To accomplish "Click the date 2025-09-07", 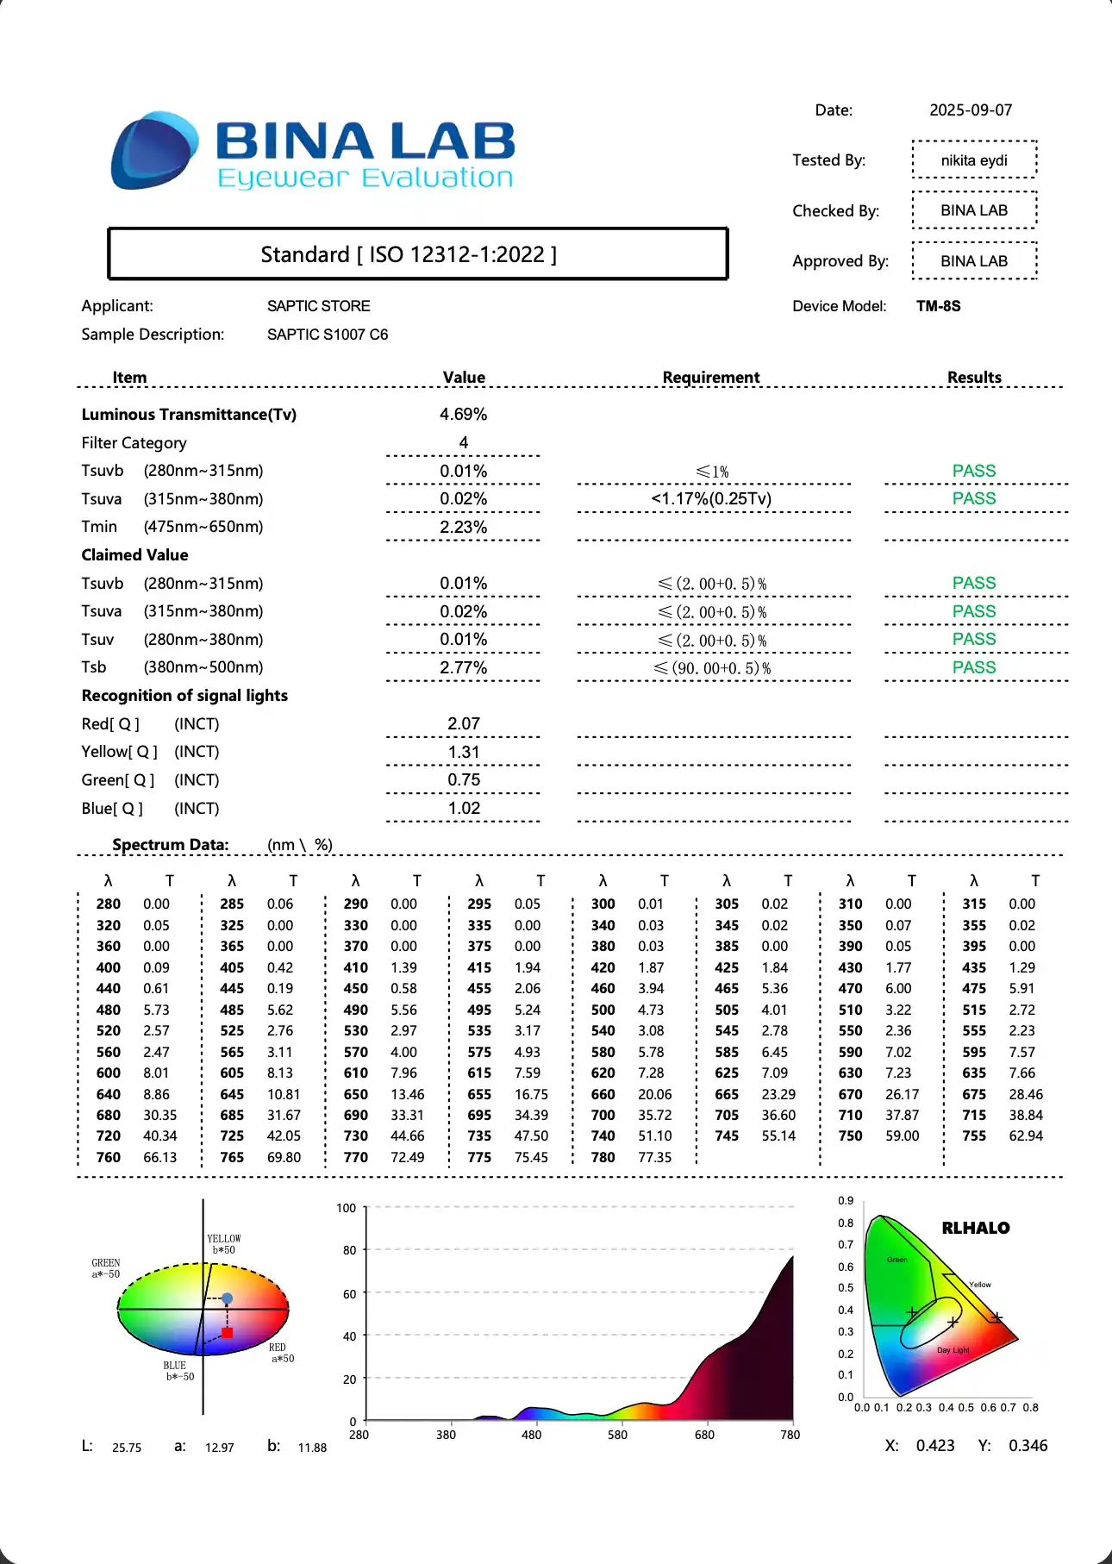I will coord(970,110).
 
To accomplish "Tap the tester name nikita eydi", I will coord(974,160).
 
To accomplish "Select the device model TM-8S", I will coord(938,306).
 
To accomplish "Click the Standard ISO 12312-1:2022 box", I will coord(417,254).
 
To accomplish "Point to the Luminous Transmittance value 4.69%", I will coord(463,415).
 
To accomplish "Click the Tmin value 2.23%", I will coord(463,527).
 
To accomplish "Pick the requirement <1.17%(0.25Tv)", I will coord(711,499).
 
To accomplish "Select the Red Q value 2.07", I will coord(463,724).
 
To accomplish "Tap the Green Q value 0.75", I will coord(463,780).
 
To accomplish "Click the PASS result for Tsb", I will coord(974,668).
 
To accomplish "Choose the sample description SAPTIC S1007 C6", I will coord(328,335).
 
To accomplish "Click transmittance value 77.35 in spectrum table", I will coord(654,1158).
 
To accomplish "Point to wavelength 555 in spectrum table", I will coord(974,1031).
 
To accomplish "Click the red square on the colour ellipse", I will coord(228,1333).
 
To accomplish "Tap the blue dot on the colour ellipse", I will coord(228,1298).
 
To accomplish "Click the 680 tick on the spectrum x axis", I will coord(704,1435).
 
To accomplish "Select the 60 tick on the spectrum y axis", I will coord(349,1294).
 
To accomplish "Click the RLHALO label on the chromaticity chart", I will coord(975,1229).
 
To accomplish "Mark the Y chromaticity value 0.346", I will coord(1028,1446).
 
